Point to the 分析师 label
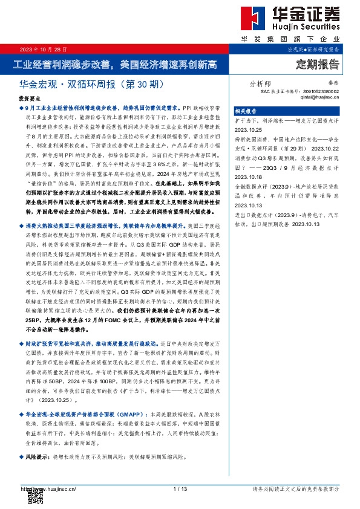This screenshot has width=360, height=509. click(x=260, y=84)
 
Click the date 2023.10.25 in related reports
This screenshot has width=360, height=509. click(x=247, y=129)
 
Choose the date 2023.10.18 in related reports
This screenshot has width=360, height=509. click(x=247, y=177)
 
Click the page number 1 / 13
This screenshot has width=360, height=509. click(x=180, y=488)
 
